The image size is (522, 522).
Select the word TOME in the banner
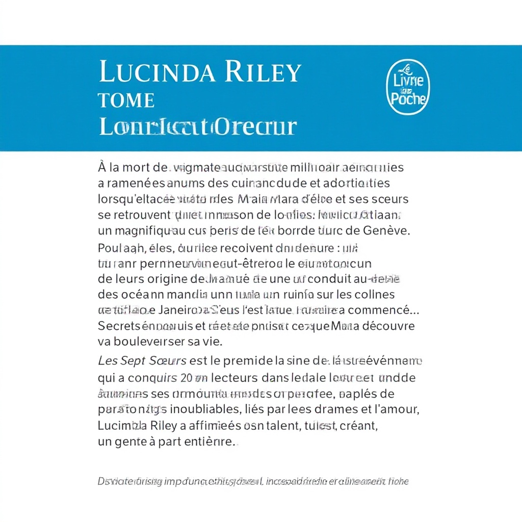[126, 100]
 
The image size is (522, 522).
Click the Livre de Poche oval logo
[409, 87]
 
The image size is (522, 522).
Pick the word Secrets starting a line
[118, 326]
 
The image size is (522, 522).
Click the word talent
[284, 425]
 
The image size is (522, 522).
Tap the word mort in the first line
[137, 167]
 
